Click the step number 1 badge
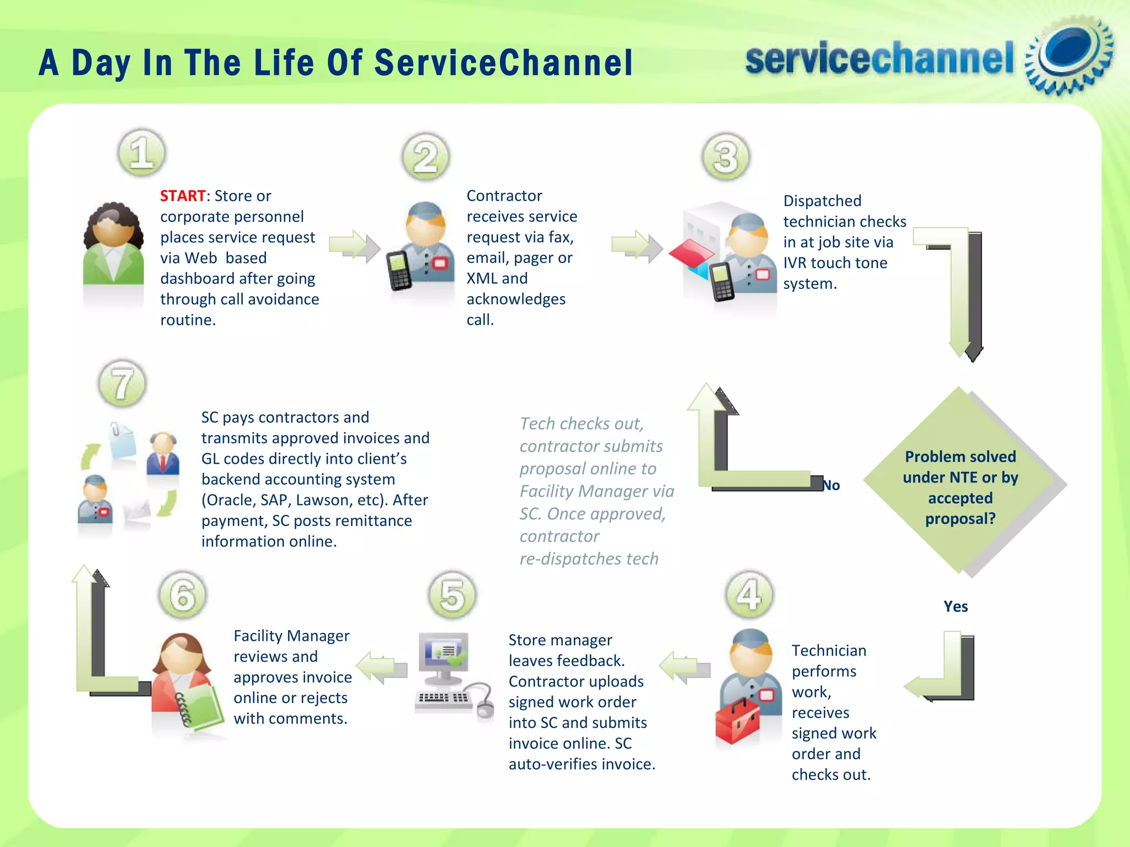(142, 153)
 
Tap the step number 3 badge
(726, 157)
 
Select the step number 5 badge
(452, 596)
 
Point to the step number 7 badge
(122, 384)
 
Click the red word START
(183, 196)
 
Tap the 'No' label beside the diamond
(831, 485)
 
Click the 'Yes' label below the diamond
(955, 607)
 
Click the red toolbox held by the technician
(737, 720)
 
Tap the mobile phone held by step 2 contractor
(399, 270)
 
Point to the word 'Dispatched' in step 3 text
(822, 201)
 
